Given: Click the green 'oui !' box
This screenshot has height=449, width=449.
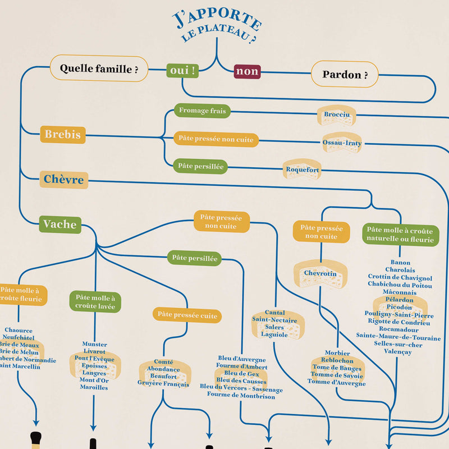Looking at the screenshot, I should (x=183, y=71).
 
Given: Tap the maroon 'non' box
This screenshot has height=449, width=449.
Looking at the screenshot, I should (x=247, y=71).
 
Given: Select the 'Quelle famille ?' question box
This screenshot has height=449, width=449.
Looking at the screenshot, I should (x=99, y=69).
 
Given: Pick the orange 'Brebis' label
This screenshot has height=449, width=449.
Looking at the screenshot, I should (x=63, y=135).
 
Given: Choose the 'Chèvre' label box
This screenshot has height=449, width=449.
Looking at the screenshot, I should (x=64, y=180).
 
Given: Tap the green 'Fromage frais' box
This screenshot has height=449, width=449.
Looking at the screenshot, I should (x=202, y=111).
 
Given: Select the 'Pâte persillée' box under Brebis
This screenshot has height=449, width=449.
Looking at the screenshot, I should (x=200, y=166).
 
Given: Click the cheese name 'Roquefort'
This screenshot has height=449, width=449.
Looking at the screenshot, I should (x=303, y=169).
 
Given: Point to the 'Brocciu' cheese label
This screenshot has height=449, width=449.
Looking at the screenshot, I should (x=337, y=114).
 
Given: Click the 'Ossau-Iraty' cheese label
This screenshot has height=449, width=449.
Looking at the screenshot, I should (x=342, y=143).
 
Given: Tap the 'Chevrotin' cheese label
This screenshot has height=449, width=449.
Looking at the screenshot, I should (x=320, y=273).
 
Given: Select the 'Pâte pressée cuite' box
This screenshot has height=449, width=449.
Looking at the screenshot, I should (x=187, y=315).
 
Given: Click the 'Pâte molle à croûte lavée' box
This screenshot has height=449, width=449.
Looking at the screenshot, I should (x=95, y=301).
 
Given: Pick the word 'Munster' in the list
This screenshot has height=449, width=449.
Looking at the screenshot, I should (x=94, y=344).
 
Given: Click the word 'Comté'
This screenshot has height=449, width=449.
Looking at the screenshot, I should (x=163, y=362).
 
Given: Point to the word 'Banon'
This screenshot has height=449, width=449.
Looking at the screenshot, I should (x=400, y=262).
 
